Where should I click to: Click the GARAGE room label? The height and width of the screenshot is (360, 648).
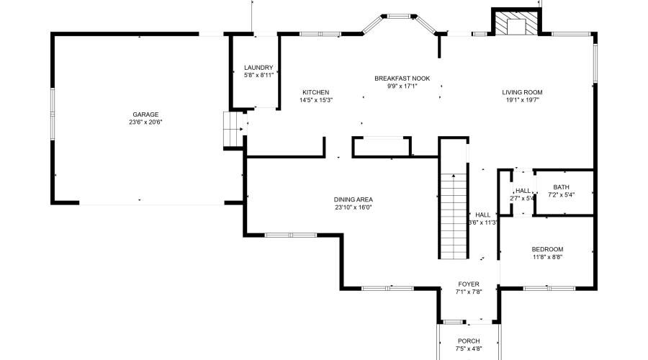[x=145, y=114]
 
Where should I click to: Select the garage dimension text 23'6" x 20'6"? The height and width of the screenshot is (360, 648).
[x=145, y=122]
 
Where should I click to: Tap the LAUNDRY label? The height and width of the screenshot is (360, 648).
[x=258, y=68]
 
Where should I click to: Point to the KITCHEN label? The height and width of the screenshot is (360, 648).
[x=315, y=92]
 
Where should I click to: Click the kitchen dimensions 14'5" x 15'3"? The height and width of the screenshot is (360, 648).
[x=315, y=100]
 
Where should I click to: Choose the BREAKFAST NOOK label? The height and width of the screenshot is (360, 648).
[x=402, y=78]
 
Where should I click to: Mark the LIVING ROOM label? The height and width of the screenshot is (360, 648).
[x=522, y=92]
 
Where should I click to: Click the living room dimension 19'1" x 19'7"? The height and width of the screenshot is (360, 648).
[x=522, y=100]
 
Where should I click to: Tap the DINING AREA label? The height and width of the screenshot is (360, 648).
[x=353, y=199]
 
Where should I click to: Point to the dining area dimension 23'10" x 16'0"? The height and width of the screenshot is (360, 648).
[x=353, y=207]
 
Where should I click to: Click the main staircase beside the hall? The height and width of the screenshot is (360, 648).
[x=454, y=216]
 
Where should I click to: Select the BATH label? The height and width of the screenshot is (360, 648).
[x=561, y=186]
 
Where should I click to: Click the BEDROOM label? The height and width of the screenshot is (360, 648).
[x=547, y=249]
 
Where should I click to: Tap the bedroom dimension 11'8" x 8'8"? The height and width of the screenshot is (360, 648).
[x=547, y=257]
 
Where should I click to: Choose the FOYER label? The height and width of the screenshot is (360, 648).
[x=468, y=284]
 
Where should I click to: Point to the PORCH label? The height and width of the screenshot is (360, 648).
[x=469, y=341]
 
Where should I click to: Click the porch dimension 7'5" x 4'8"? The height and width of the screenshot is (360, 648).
[x=469, y=349]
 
